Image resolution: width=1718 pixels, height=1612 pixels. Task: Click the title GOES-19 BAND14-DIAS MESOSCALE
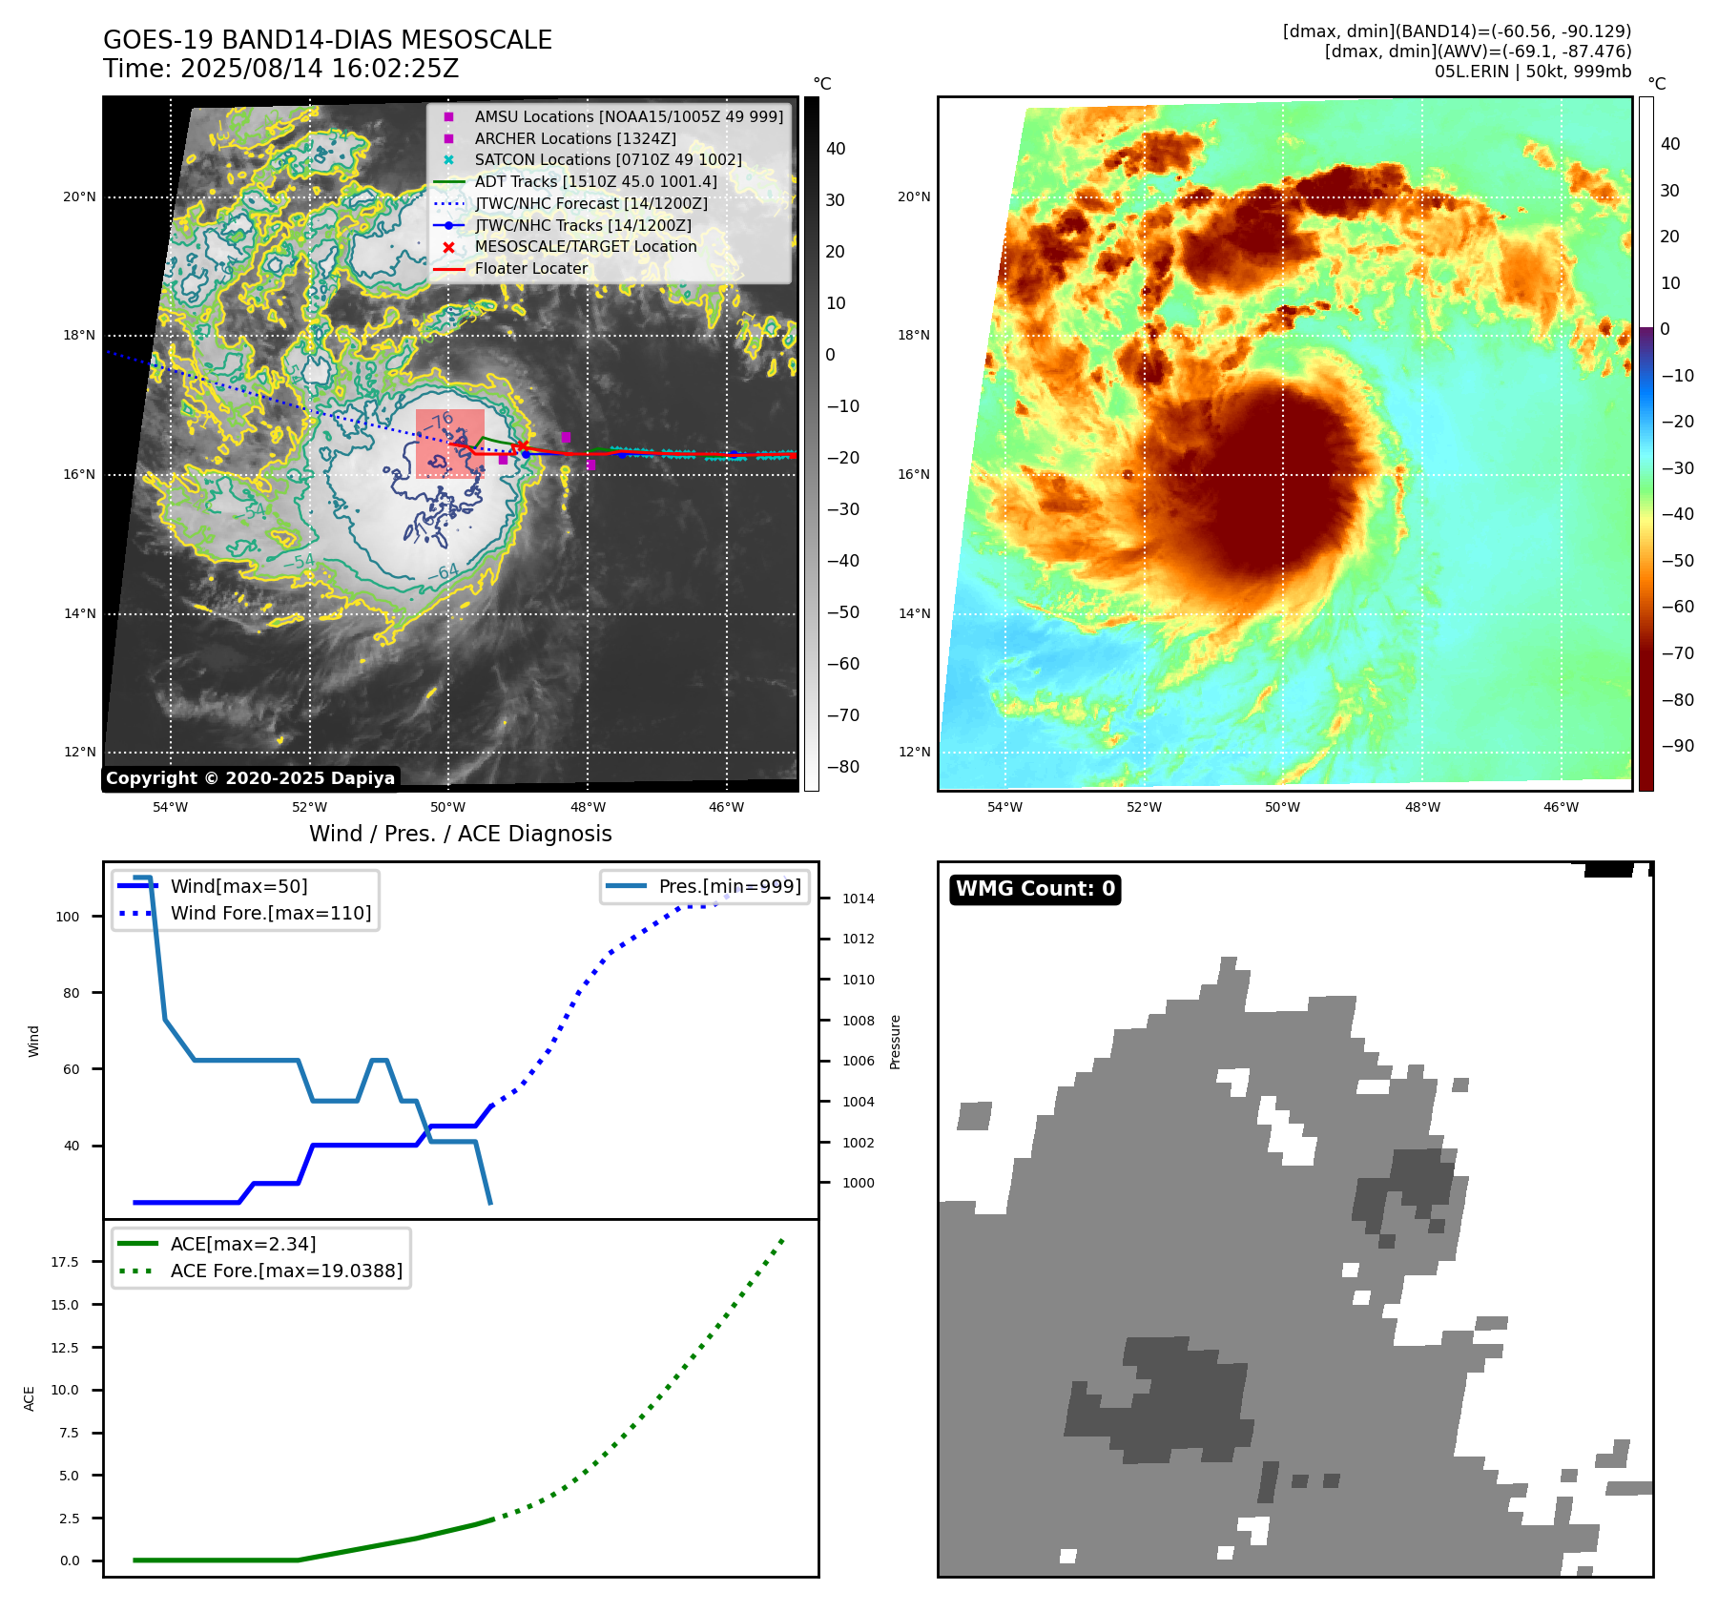(x=327, y=40)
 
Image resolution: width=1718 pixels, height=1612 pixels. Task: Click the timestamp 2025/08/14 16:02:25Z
(x=320, y=70)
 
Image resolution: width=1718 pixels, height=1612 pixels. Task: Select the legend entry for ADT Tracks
(x=595, y=181)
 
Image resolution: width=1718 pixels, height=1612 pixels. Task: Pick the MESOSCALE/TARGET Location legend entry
(x=585, y=246)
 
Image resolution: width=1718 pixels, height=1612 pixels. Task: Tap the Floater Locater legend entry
(x=530, y=268)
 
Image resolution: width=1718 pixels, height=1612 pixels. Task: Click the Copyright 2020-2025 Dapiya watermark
(x=250, y=778)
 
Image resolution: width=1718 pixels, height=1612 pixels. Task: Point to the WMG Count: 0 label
(x=1035, y=889)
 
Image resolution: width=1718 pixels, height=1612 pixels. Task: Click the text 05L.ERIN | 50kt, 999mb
(x=1532, y=72)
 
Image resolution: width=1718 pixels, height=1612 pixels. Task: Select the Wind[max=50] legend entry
(x=238, y=886)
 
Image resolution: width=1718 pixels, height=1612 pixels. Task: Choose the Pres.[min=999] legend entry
(x=730, y=886)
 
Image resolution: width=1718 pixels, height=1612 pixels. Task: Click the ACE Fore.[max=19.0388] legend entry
(x=286, y=1271)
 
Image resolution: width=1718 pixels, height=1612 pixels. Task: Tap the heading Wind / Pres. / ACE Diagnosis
(x=460, y=834)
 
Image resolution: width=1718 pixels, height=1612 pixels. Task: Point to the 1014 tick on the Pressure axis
(x=858, y=899)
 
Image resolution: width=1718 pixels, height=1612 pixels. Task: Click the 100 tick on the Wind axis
(x=68, y=917)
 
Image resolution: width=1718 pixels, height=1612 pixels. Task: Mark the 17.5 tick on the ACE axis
(x=65, y=1262)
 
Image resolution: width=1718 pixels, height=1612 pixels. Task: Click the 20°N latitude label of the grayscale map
(x=79, y=197)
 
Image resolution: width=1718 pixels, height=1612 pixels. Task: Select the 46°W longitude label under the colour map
(x=1561, y=807)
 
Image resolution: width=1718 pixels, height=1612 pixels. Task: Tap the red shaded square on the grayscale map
(x=449, y=444)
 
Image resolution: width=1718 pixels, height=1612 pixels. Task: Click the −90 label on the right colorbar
(x=1677, y=746)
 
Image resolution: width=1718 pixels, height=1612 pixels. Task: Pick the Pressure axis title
(x=895, y=1042)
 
